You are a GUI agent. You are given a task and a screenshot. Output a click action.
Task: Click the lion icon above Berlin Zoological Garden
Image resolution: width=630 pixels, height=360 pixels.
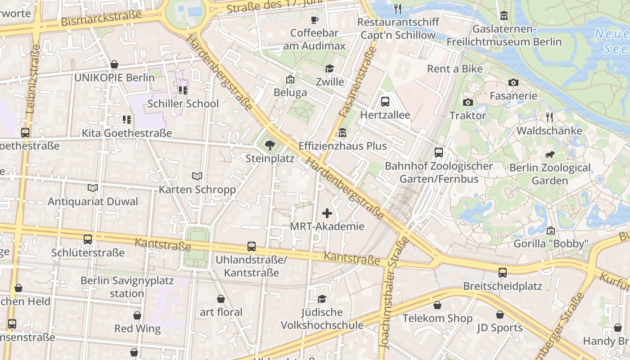pos(549,155)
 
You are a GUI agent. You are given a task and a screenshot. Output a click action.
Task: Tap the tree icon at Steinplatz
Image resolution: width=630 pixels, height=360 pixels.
pos(270,145)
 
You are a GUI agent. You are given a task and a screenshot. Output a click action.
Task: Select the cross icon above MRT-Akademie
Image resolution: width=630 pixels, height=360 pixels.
pos(327,213)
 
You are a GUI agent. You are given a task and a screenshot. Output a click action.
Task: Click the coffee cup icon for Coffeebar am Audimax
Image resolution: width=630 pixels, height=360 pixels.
pos(315,20)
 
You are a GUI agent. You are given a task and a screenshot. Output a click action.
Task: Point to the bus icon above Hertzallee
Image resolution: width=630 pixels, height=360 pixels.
pos(385,102)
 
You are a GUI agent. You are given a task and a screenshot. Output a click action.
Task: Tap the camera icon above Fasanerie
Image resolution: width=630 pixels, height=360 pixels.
pos(513,83)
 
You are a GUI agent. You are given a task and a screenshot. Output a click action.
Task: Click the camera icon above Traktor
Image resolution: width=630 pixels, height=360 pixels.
pos(468,103)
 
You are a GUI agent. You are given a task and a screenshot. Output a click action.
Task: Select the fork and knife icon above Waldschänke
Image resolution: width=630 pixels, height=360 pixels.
pos(549,118)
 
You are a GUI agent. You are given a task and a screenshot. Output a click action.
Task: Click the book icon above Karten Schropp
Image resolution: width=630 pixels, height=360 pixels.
pos(197,176)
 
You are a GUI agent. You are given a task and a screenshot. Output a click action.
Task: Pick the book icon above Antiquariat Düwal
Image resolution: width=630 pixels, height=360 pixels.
pos(93,188)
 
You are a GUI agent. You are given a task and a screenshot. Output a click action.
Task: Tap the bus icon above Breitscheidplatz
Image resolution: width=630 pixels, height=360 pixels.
pos(502,273)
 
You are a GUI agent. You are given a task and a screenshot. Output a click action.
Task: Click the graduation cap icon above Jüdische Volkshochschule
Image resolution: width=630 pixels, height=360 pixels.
pos(321,299)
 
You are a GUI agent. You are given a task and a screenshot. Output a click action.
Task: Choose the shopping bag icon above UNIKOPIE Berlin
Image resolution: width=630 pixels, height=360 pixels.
pos(114,64)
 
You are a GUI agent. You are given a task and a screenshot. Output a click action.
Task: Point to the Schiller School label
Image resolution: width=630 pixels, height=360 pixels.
pos(183,103)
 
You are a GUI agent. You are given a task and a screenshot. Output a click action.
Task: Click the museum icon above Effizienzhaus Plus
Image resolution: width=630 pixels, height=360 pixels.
pos(342,133)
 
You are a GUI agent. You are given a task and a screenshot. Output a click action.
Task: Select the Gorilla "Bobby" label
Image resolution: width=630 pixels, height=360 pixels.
pos(551,244)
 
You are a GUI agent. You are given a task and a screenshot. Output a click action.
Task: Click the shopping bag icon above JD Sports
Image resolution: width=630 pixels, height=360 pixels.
pos(499,315)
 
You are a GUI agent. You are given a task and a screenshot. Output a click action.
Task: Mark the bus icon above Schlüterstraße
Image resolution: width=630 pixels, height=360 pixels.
pos(88,239)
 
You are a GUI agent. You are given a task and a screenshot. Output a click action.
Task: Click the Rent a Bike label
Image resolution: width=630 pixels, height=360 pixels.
pos(454,69)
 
